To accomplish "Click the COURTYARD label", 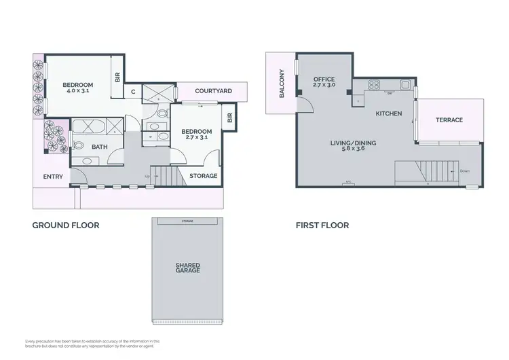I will (213, 91).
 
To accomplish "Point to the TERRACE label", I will (449, 120).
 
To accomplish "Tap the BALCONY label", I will (282, 84).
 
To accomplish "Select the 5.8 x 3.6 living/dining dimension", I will (353, 149).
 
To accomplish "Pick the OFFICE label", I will (324, 79).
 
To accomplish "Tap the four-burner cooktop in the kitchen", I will (373, 86).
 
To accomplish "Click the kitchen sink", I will (404, 86).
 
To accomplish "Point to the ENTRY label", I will (52, 177).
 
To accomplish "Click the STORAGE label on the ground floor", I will (203, 176).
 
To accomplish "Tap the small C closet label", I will (133, 92).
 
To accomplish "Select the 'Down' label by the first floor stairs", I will (464, 171).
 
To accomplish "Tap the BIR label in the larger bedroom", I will (117, 78).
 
